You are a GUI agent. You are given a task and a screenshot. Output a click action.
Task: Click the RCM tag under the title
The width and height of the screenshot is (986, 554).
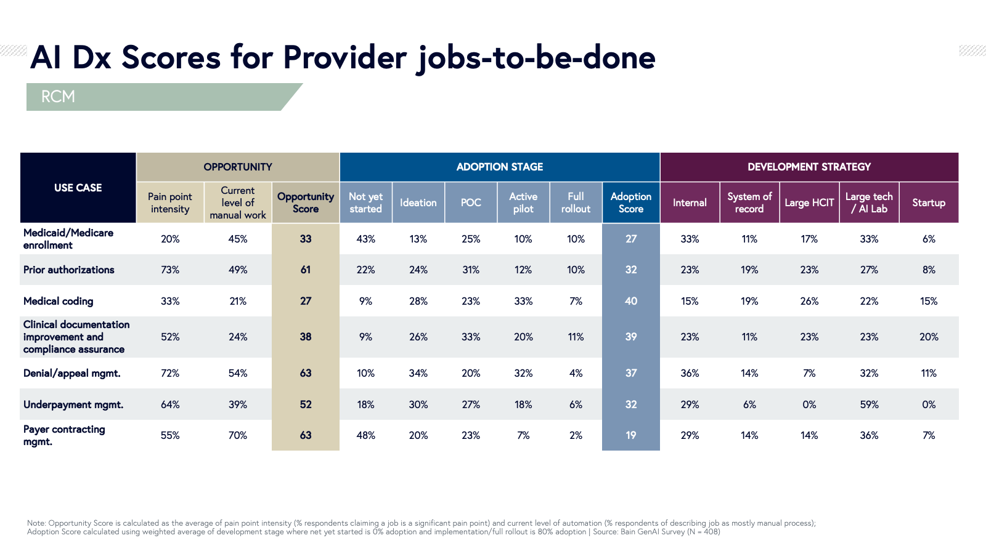point(59,97)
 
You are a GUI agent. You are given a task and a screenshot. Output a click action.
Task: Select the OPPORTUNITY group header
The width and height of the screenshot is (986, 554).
point(238,167)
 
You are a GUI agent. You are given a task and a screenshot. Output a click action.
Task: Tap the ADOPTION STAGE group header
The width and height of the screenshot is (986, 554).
point(499,167)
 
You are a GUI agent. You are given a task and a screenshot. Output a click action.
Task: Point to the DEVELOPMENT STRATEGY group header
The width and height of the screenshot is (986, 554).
point(809,167)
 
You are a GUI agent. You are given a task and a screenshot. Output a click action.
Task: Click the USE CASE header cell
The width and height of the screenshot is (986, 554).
point(78,188)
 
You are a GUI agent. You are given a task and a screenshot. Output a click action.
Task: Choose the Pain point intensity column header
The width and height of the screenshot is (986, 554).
point(170,203)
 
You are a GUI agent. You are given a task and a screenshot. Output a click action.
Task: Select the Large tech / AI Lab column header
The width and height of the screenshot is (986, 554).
point(869,203)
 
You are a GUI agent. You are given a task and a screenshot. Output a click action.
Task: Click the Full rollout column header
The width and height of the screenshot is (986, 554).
point(576,203)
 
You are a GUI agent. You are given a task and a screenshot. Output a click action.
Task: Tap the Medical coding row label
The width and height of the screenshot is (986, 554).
point(59,301)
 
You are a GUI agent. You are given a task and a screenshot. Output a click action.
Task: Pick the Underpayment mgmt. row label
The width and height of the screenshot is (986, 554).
point(73,404)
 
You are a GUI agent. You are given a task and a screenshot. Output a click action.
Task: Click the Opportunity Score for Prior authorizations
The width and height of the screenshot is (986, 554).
point(306,270)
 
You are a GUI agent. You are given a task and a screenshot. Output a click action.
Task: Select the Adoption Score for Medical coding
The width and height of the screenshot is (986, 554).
point(631,301)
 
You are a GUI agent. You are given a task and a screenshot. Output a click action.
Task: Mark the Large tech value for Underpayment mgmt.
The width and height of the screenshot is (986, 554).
point(869,404)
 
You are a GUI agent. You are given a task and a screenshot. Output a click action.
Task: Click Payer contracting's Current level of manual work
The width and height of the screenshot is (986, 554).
point(238,435)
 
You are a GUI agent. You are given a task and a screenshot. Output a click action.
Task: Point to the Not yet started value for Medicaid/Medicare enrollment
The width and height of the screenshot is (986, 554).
point(365,239)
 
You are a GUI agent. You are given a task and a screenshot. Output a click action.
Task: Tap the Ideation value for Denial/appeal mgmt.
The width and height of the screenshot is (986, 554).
point(418,373)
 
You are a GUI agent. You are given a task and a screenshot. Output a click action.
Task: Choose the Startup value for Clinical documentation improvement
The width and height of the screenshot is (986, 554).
point(929,337)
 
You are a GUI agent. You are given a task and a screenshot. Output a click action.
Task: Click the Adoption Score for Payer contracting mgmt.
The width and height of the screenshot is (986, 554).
point(631,435)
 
